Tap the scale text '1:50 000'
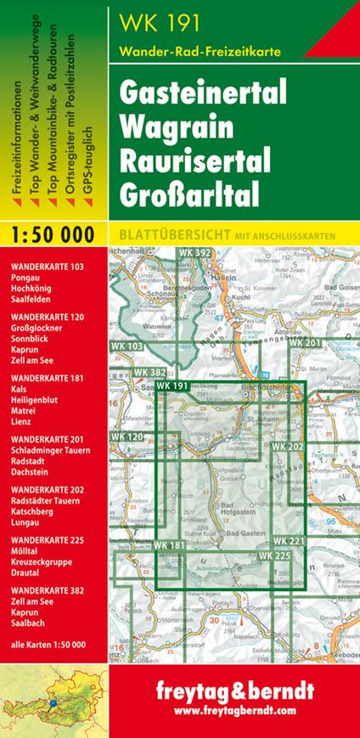pyautogui.click(x=54, y=233)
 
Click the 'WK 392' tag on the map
pyautogui.click(x=195, y=252)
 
